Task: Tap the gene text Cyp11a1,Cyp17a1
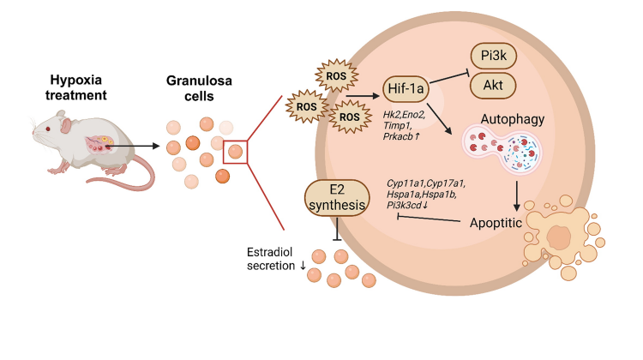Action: click(x=424, y=183)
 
